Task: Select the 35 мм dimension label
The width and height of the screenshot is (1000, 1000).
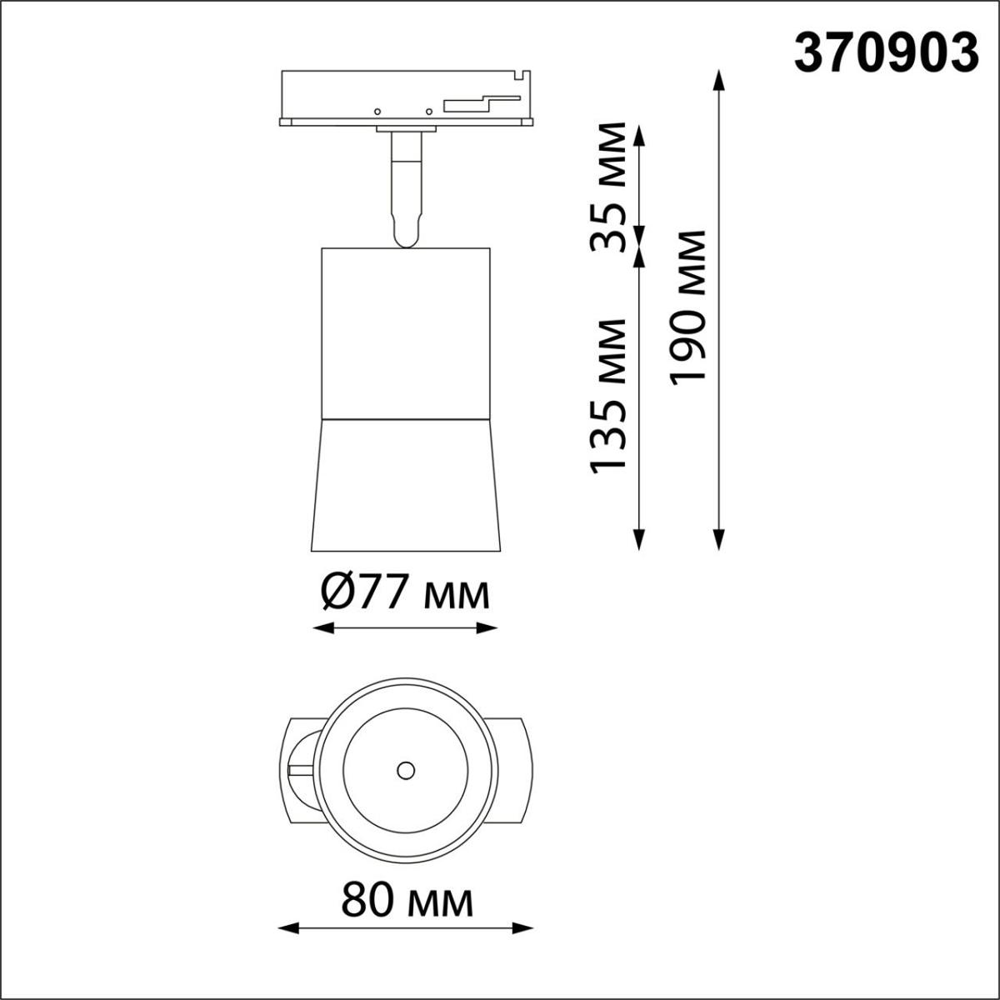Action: tap(607, 187)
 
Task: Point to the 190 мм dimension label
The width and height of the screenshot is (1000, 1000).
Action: tap(689, 307)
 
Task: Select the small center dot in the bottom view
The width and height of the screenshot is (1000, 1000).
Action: tap(406, 770)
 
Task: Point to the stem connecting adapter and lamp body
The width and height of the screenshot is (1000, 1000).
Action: tap(406, 187)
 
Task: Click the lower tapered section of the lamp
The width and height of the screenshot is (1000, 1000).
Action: tap(405, 483)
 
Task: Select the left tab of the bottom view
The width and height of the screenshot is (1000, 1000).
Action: tap(296, 769)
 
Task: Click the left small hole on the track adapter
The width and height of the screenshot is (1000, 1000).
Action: tap(377, 111)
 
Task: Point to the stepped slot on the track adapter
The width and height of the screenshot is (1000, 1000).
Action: tap(479, 103)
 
